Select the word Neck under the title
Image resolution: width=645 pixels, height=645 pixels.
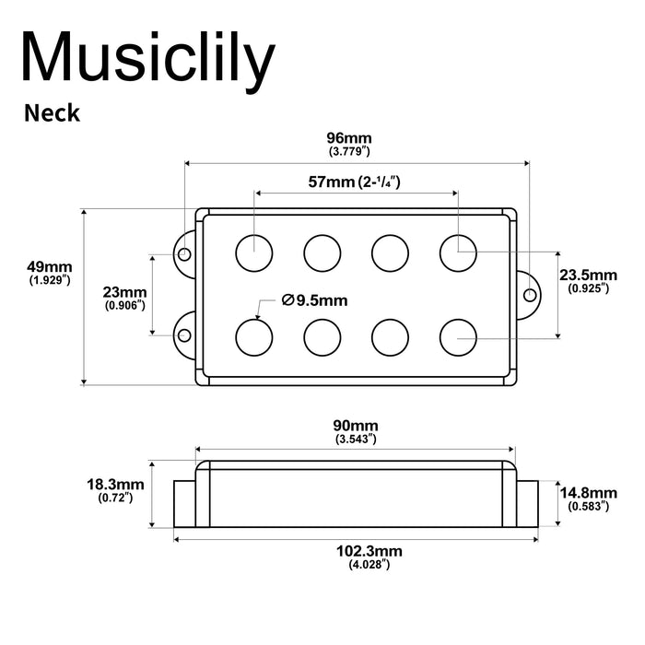tap(52, 113)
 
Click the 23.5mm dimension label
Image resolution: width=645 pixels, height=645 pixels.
tap(589, 276)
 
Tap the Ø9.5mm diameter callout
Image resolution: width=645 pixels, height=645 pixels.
tap(316, 299)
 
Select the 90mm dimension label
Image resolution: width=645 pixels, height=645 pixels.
tap(355, 426)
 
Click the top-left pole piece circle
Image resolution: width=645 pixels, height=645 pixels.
tap(254, 251)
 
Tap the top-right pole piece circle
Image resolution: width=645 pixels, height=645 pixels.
tap(458, 251)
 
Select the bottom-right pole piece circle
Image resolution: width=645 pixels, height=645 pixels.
tap(458, 336)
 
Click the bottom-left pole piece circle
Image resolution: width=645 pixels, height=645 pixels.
tap(254, 336)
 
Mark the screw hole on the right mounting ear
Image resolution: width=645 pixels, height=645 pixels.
tap(531, 294)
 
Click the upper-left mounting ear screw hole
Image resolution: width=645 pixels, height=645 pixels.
tap(184, 253)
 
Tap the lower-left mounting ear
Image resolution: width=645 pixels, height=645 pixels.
tap(184, 334)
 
